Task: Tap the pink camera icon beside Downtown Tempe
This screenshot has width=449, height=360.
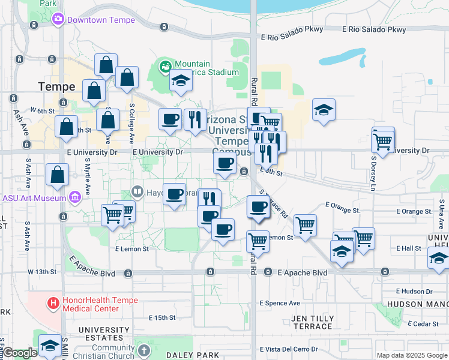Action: (58, 19)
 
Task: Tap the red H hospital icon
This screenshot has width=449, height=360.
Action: (53, 304)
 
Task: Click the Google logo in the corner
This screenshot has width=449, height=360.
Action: (20, 353)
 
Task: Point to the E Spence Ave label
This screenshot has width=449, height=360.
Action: (280, 303)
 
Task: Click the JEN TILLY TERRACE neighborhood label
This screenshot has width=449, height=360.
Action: (312, 322)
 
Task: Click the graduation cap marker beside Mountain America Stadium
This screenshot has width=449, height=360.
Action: (180, 80)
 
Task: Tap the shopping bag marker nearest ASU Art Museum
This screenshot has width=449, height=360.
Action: (57, 175)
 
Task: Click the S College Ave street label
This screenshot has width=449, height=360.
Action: (131, 123)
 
